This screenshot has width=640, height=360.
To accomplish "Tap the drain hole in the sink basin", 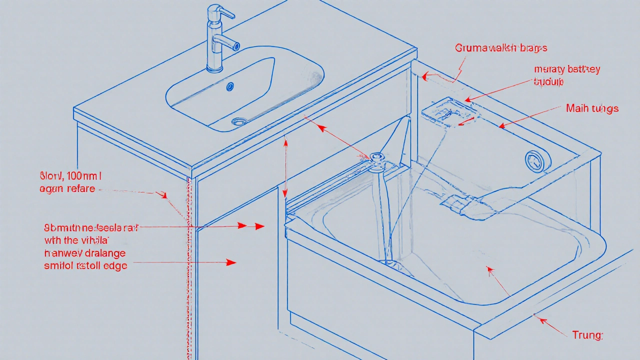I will pos(240,121).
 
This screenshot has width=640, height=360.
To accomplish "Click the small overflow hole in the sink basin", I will pos(230,86).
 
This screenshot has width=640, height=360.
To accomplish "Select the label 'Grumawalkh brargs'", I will pos(500,48).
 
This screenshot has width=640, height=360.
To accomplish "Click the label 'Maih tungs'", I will pos(592,108).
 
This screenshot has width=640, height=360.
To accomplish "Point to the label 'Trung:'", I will pos(587,335).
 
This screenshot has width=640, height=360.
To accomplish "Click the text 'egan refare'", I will pos(67,189).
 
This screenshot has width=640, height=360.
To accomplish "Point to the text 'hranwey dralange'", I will pos(85,253).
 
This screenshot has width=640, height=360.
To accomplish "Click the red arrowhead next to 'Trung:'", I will pos(537,315).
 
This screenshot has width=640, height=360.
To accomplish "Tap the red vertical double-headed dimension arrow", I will pos(285,169).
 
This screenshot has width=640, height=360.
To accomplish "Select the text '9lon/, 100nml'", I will pos(70,176).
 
